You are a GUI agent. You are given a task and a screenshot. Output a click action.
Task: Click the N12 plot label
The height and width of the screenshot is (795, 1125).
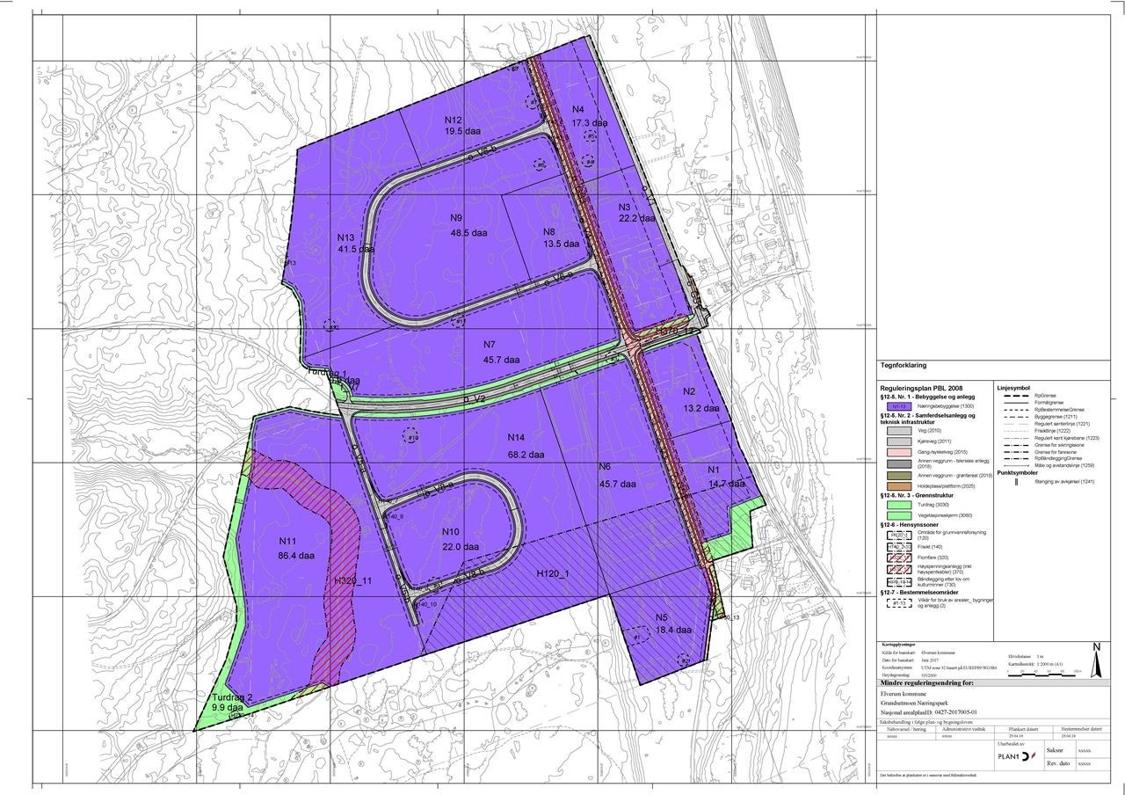point(454,120)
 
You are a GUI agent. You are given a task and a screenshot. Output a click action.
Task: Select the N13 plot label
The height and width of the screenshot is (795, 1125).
point(345,237)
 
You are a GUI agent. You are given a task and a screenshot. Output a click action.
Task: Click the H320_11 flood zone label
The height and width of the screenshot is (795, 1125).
point(353,581)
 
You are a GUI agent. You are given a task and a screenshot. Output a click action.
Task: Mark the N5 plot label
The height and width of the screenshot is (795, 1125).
point(662,616)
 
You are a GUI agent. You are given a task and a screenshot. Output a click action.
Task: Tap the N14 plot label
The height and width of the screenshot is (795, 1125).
point(516,438)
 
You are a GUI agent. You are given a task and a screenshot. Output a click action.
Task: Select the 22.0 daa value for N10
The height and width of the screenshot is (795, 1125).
point(459,547)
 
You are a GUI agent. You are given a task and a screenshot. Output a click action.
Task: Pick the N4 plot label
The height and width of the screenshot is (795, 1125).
point(578,109)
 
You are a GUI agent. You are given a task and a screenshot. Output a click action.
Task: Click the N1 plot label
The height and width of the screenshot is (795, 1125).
point(714,470)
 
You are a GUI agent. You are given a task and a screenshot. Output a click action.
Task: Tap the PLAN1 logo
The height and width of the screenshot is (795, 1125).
point(1011,756)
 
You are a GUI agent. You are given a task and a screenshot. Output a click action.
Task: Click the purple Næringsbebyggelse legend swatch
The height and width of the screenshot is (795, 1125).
point(897,407)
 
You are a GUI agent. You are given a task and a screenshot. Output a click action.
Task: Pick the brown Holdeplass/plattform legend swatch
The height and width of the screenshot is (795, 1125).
point(897,486)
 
